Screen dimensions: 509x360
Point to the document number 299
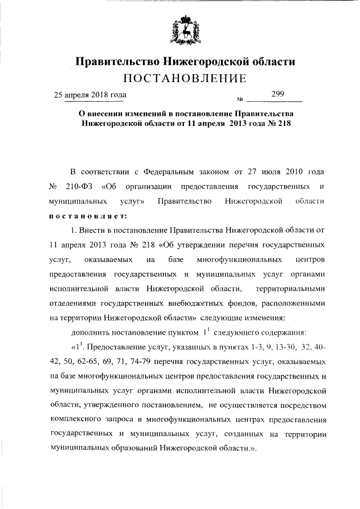277,94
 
